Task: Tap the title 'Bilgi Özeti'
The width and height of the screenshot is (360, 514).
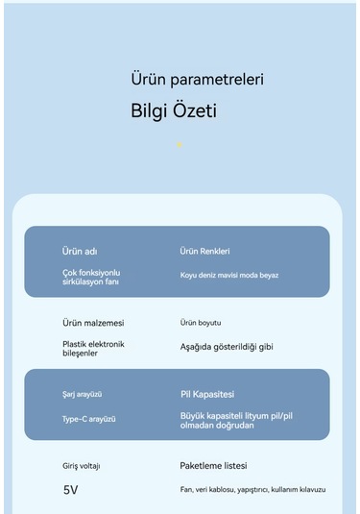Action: pos(173,111)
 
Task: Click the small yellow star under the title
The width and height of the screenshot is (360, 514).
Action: pos(179,145)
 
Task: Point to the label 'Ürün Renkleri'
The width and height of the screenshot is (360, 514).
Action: pos(204,252)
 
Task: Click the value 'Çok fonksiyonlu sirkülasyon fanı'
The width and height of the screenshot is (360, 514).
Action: pos(92,278)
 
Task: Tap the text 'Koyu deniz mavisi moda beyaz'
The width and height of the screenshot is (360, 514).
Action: pos(229,276)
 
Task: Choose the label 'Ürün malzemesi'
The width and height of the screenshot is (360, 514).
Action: pos(93,323)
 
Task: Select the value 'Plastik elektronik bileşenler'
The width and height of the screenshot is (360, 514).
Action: pos(93,348)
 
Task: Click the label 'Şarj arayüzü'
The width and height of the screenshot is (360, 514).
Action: pos(83,395)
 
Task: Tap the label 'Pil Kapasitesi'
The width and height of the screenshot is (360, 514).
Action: pos(206,394)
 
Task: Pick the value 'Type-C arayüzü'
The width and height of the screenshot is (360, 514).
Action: pos(89,419)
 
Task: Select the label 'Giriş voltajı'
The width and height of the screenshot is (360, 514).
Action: pos(82,466)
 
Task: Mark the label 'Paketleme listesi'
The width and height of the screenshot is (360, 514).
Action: pos(213,465)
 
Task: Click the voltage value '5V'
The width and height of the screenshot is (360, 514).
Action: pos(71,490)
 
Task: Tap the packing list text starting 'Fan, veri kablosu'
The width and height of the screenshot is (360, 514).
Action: pos(252,489)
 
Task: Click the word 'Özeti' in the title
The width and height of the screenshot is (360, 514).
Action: pos(194,111)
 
